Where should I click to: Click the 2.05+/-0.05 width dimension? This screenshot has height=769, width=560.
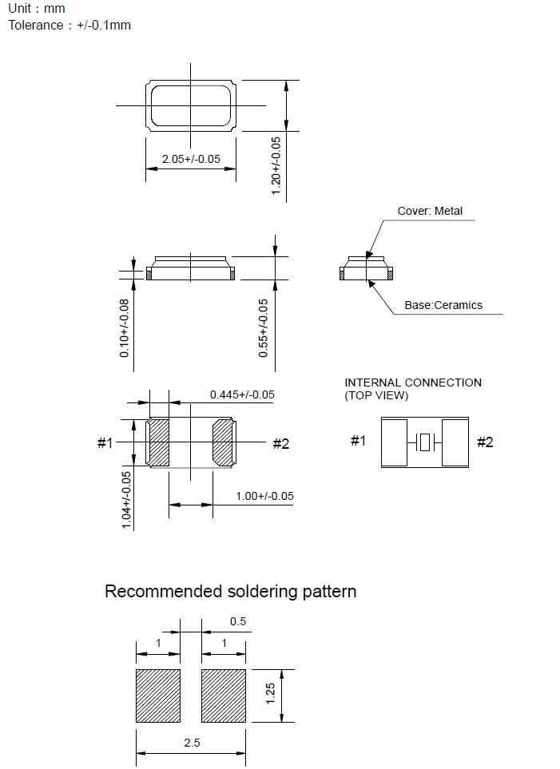(191, 159)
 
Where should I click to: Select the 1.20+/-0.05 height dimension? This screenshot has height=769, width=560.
(276, 166)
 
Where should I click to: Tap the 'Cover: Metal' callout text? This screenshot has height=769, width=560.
(430, 212)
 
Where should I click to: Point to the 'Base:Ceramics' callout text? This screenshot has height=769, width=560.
(443, 305)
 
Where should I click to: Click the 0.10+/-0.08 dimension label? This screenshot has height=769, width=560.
(124, 328)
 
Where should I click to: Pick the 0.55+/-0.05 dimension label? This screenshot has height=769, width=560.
(264, 328)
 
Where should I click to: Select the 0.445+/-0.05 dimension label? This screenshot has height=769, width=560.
(242, 394)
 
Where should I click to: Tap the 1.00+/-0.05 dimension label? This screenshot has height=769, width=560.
(264, 496)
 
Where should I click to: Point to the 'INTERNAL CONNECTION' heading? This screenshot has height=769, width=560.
(413, 383)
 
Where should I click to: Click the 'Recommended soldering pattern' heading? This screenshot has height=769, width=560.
(230, 592)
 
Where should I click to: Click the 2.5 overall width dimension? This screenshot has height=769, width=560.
(192, 743)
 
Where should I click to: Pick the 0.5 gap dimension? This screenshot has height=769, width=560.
(238, 621)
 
